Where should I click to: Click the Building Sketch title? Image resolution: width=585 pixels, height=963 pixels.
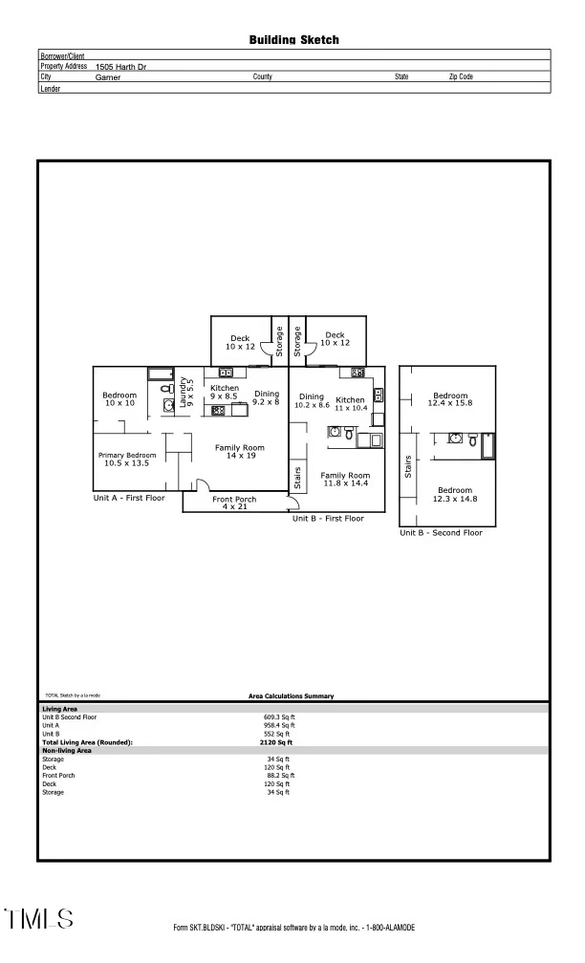point(293,40)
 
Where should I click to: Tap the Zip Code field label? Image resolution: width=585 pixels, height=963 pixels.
point(461,76)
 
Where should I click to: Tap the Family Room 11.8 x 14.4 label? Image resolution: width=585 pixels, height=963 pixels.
point(345,480)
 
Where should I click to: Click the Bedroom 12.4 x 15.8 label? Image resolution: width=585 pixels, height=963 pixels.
point(450,399)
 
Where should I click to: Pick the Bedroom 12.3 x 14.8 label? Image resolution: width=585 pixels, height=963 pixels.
point(455,494)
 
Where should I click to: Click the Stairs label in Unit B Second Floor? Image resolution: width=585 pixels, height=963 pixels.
point(409,467)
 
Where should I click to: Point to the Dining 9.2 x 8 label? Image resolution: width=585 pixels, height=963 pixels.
point(266,398)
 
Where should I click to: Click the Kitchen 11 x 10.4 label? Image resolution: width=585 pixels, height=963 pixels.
point(350,403)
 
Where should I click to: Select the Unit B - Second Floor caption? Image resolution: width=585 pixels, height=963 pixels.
point(441,532)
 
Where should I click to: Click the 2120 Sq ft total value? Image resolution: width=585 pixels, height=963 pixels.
point(277,742)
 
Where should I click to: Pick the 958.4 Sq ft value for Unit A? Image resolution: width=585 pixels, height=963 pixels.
point(277,725)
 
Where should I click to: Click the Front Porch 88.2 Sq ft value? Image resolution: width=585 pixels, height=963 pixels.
point(279,775)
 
